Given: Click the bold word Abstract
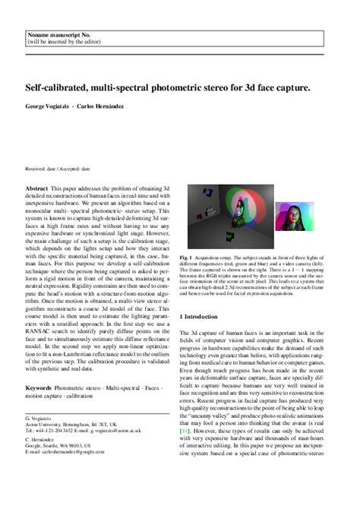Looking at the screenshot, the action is [x=36, y=188].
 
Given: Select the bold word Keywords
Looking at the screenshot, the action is [x=39, y=387].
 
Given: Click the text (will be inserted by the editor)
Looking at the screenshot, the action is [x=63, y=43].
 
